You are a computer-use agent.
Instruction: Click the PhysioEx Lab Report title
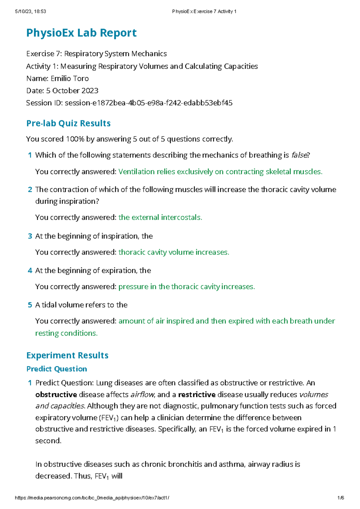click(81, 33)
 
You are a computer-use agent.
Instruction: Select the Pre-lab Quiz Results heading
click(68, 123)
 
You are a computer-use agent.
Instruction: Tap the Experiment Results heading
click(67, 355)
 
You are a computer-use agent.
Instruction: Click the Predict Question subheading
click(57, 369)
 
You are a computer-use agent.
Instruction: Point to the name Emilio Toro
click(70, 79)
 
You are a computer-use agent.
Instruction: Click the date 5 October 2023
click(72, 91)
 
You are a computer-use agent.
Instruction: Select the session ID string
click(148, 103)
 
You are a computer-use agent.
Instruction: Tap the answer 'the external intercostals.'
click(160, 217)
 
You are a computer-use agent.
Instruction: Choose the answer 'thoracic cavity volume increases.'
click(174, 252)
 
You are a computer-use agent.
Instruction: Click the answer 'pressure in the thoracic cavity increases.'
click(187, 287)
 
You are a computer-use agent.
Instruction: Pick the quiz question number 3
click(30, 236)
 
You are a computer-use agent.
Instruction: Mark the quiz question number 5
click(30, 305)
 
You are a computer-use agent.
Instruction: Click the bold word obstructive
click(56, 394)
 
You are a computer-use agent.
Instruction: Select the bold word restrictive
click(197, 394)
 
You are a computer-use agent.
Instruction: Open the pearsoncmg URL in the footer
click(92, 498)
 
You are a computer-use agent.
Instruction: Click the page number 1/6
click(340, 498)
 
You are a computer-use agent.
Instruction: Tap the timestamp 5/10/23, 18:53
click(30, 11)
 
